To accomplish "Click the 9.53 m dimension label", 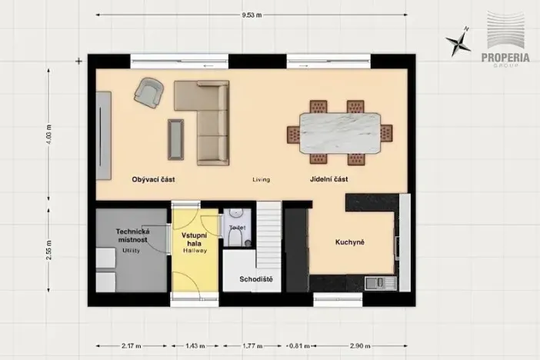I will click(252, 14).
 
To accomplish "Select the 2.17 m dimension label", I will click(128, 345).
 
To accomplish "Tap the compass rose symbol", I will click(463, 40).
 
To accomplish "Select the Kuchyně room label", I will click(349, 242).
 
